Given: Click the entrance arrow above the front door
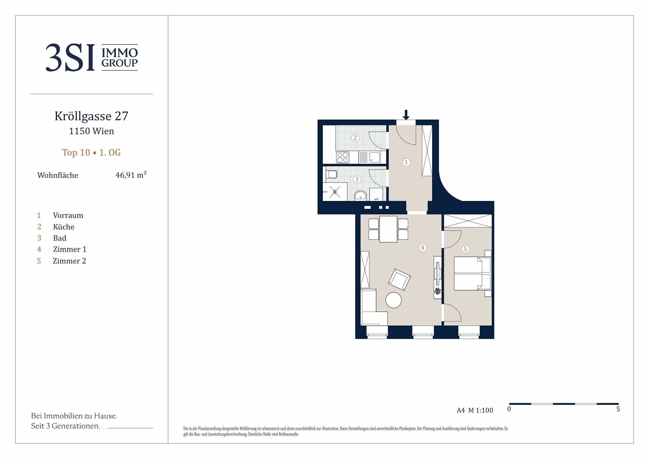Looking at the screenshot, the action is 406,115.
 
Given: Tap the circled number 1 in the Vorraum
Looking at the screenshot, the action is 406,162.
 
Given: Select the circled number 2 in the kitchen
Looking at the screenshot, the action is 355,138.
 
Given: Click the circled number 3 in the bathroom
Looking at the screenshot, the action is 357,179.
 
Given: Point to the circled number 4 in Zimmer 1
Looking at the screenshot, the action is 422,248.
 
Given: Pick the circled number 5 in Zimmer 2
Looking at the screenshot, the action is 465,249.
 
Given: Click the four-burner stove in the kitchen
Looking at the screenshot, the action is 343,158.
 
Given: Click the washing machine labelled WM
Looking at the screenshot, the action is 376,195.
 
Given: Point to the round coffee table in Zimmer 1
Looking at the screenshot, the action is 393,300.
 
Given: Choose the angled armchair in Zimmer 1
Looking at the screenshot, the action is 399,279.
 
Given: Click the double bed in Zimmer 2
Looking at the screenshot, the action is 472,273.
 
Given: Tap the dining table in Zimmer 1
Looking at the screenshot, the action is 388,229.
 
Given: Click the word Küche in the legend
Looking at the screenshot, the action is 64,227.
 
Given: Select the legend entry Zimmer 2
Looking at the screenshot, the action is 69,261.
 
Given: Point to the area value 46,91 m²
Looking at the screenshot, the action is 131,175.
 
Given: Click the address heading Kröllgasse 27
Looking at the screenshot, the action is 92,116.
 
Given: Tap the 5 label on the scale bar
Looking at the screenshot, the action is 618,409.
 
